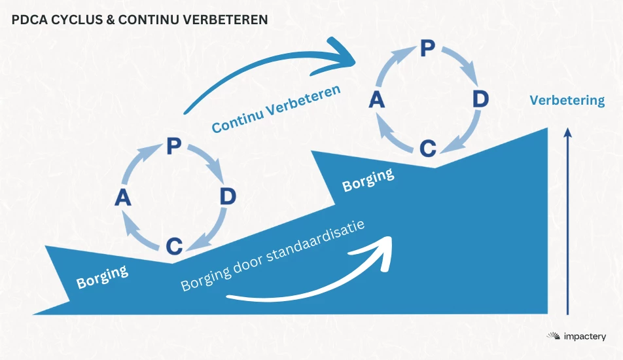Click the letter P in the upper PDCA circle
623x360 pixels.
(427, 48)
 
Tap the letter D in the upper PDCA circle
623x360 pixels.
(480, 99)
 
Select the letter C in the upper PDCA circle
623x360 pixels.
(428, 149)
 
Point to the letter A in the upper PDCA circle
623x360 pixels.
(377, 99)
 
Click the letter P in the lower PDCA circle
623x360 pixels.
(174, 146)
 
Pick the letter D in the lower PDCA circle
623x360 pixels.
(228, 196)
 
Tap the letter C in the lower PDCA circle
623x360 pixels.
(174, 246)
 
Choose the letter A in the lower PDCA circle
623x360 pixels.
(123, 198)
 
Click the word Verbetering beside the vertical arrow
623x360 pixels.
(567, 100)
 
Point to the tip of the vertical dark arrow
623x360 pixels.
(568, 128)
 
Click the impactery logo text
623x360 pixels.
(584, 336)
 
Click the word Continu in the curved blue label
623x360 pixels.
(236, 120)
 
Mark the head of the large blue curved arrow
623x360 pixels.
(342, 56)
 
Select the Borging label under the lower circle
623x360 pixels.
(102, 276)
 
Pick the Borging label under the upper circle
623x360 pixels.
(368, 179)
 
